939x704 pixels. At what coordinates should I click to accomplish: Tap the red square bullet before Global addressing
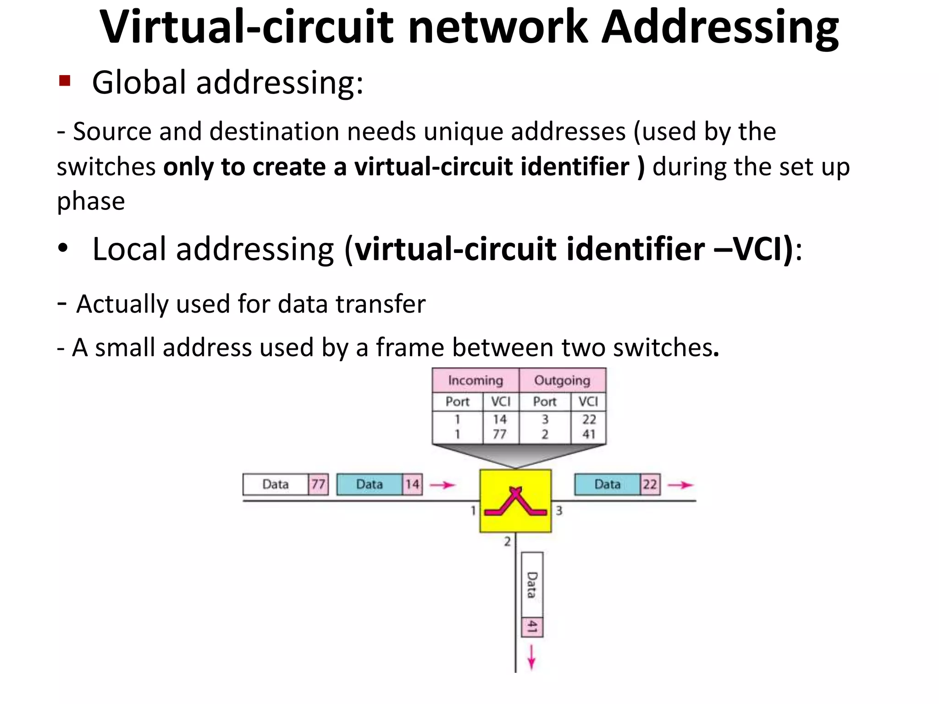[65, 81]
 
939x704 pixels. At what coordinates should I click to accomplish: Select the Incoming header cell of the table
[475, 380]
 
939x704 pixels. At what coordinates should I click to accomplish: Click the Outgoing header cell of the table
[562, 380]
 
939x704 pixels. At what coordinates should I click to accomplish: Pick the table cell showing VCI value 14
[500, 419]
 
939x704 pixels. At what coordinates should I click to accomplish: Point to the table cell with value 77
[500, 434]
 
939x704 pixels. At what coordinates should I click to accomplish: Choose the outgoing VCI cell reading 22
[589, 419]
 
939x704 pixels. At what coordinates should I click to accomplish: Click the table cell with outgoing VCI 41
[589, 434]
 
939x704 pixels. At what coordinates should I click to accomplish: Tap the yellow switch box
[515, 500]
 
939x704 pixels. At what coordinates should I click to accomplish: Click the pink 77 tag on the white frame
[318, 484]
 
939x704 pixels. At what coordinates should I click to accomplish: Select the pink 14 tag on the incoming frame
[412, 484]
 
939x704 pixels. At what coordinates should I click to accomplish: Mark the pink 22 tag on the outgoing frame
[650, 484]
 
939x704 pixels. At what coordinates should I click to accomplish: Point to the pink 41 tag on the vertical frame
[532, 627]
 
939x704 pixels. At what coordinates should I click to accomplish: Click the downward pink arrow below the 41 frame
[531, 657]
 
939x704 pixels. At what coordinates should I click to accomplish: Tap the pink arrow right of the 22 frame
[680, 485]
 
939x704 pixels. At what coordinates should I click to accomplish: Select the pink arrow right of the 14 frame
[442, 485]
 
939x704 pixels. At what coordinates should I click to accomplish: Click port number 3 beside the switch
[559, 510]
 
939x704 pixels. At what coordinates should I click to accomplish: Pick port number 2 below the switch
[507, 541]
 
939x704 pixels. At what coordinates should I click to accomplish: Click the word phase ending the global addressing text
[91, 201]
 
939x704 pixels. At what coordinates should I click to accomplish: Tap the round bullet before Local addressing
[63, 248]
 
